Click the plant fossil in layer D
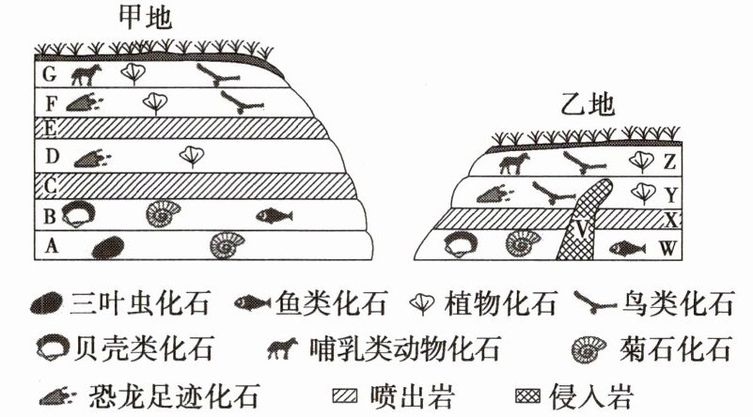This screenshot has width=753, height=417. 191,156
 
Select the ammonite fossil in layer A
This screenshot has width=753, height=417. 228,245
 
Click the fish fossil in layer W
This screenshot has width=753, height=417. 626,249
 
